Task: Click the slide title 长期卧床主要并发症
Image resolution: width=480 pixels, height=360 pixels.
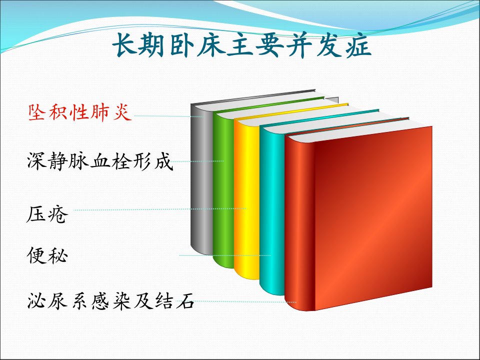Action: pyautogui.click(x=242, y=45)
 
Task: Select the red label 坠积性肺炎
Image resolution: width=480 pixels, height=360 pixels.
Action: pyautogui.click(x=80, y=112)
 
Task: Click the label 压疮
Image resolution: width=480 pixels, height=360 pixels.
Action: pyautogui.click(x=47, y=214)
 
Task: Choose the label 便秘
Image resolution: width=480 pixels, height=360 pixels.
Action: pyautogui.click(x=47, y=255)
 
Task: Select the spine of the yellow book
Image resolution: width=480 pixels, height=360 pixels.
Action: pyautogui.click(x=246, y=199)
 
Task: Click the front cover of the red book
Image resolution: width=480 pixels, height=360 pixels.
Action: pyautogui.click(x=373, y=218)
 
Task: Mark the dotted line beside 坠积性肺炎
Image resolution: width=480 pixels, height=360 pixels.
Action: pyautogui.click(x=168, y=116)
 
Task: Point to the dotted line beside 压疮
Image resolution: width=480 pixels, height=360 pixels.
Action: pyautogui.click(x=160, y=209)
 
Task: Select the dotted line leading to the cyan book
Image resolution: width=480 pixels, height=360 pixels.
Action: pyautogui.click(x=225, y=255)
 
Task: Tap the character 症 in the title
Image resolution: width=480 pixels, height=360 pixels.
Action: pyautogui.click(x=359, y=45)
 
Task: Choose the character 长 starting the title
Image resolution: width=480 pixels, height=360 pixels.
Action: pyautogui.click(x=125, y=45)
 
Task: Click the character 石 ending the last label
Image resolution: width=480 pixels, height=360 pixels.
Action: pyautogui.click(x=185, y=301)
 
